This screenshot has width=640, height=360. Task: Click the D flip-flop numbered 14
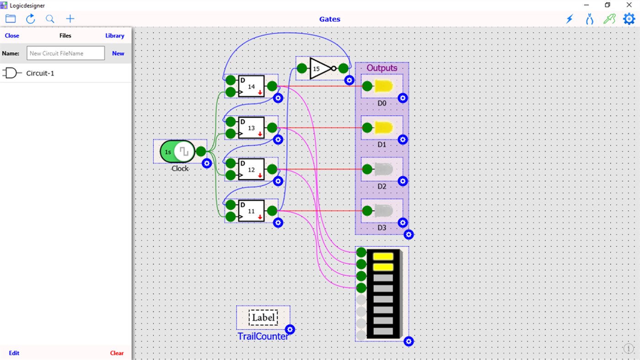(251, 86)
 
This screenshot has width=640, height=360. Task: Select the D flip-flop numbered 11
(251, 211)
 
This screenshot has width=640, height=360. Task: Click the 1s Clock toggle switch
(177, 151)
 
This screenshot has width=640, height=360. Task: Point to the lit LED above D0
(383, 86)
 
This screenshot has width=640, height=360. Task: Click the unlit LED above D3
(383, 211)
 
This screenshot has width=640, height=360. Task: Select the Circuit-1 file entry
(40, 73)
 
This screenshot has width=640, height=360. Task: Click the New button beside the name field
(118, 53)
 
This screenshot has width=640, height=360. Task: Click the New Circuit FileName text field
(65, 53)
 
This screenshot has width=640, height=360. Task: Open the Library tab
(114, 36)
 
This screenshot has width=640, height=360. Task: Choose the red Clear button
(117, 353)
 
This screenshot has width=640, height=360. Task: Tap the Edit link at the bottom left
(14, 353)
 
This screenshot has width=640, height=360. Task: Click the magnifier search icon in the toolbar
(50, 19)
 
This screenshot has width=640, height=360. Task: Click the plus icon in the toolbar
(70, 19)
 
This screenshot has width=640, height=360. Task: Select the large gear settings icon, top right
(629, 19)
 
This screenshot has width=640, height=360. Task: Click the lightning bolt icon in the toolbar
(570, 19)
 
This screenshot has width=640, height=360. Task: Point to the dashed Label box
(263, 317)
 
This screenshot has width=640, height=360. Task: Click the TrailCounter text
(263, 337)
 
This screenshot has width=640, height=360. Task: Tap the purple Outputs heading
(382, 68)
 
